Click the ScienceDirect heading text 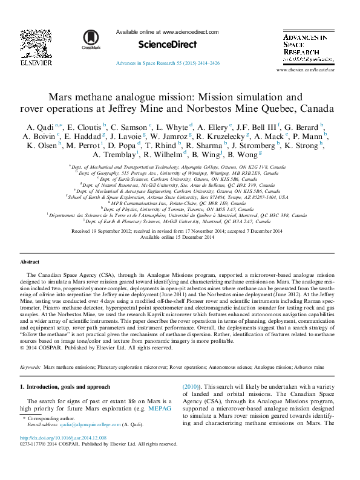[168, 45]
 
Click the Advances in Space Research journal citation [168, 63]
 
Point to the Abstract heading [30, 262]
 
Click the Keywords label [30, 367]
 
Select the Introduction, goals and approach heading [65, 386]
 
